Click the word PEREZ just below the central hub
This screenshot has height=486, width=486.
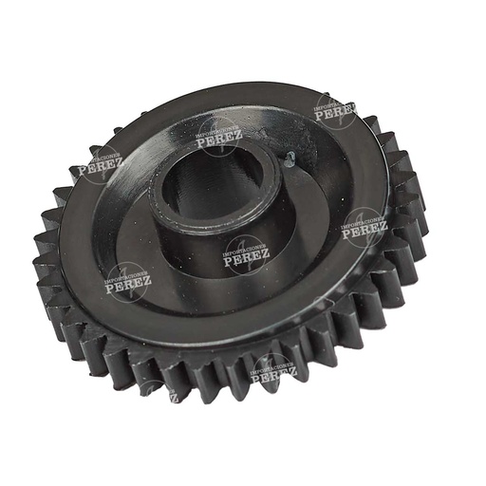247,254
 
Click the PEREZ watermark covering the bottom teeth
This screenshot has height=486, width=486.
273,371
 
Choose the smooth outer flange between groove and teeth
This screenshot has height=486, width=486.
342,285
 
